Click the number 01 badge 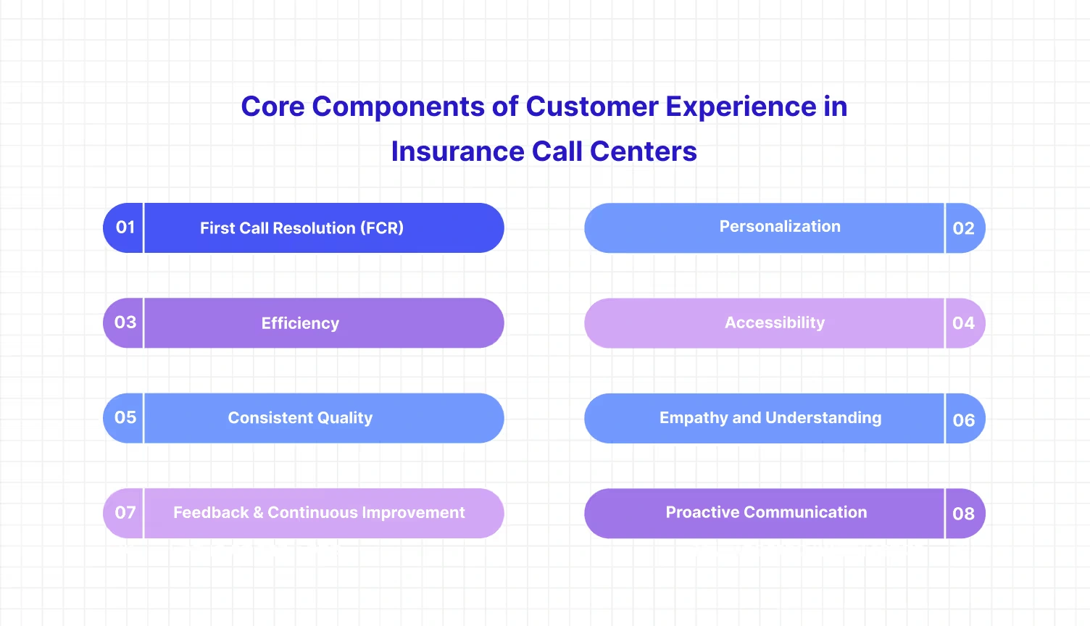coord(125,228)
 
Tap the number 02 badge coord(963,229)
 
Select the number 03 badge coord(125,322)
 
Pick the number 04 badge coord(963,323)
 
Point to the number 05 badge coord(125,417)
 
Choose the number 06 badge coord(963,420)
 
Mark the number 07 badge coord(125,513)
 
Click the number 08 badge coord(963,514)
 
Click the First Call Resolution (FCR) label coord(301,228)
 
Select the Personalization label coord(780,227)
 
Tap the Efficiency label coord(300,323)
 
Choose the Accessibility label coord(775,323)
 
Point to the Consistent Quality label coord(300,418)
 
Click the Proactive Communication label coord(766,512)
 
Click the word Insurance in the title coord(457,151)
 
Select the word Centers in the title coord(643,151)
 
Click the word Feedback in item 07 coord(211,513)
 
